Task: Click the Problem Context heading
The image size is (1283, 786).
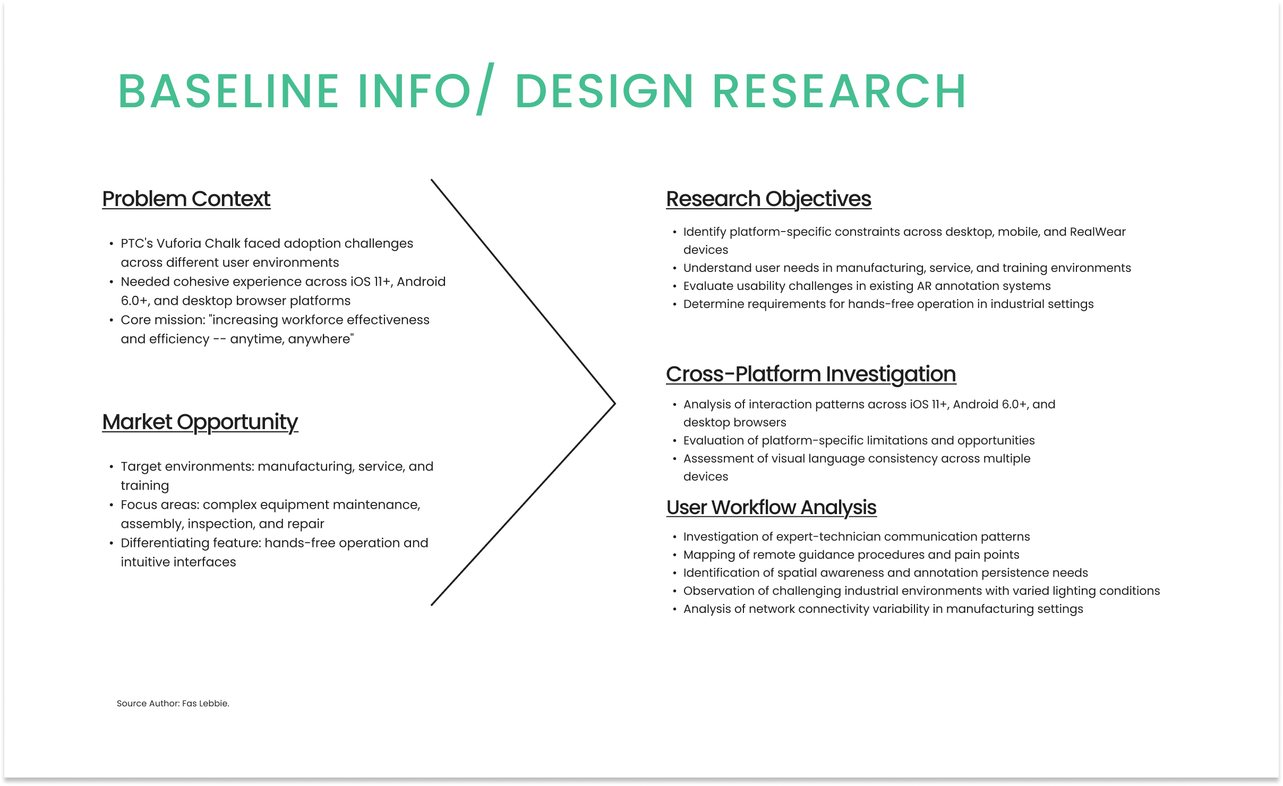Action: (x=186, y=199)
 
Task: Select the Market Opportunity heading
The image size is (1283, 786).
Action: (x=200, y=423)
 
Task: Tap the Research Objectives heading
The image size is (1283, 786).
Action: (x=768, y=199)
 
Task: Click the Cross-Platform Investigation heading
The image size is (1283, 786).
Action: (x=811, y=374)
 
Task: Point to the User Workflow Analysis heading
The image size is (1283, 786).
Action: (x=771, y=508)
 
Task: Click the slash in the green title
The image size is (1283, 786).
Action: (x=485, y=89)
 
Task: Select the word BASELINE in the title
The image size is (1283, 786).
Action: (x=229, y=91)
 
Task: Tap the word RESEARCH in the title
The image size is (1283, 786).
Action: (x=839, y=91)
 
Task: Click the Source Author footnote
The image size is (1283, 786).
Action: (x=173, y=703)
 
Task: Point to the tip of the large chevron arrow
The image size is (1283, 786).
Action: (x=615, y=404)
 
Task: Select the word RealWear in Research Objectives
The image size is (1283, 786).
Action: (x=1098, y=232)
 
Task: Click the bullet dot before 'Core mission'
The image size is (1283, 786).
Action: (x=111, y=320)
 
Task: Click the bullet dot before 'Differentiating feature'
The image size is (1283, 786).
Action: (x=111, y=543)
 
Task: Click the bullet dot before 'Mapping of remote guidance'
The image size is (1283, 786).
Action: (x=674, y=555)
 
